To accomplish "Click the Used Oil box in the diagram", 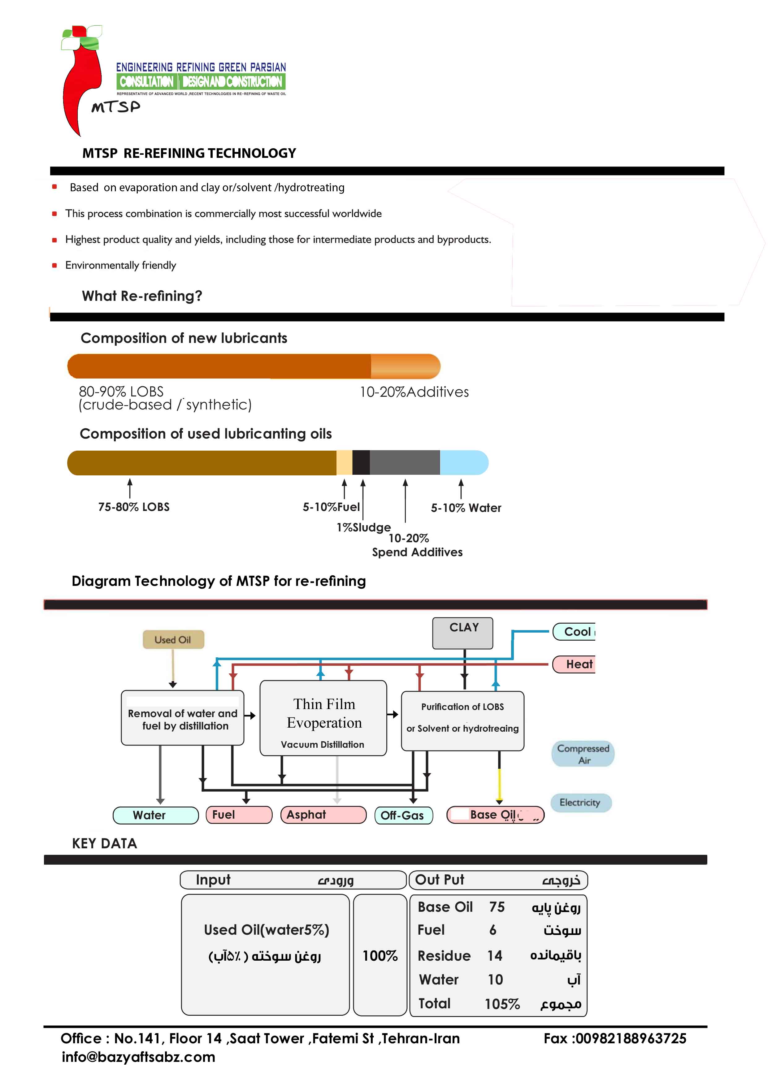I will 173,639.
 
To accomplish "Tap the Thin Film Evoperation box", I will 323,717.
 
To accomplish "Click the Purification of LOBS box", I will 462,720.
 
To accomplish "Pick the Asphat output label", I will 323,815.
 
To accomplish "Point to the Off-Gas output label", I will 403,815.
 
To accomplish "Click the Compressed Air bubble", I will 583,754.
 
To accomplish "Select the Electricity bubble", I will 581,802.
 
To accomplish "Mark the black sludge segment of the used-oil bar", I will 361,463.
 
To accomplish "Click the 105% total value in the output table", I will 502,1004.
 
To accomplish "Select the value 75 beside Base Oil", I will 497,907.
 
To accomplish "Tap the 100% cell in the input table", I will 380,955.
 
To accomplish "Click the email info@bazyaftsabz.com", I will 138,1057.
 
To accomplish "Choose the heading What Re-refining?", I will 142,296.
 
